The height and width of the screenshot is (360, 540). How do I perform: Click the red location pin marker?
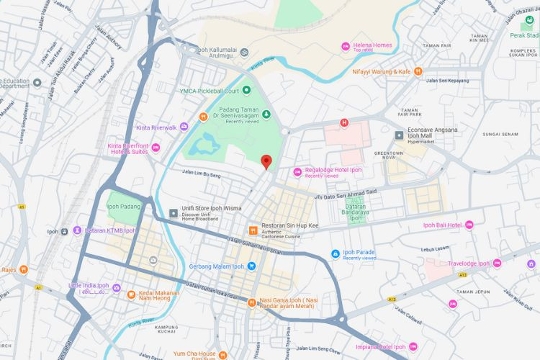266,162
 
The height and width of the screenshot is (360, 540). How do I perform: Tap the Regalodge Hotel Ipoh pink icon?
297,171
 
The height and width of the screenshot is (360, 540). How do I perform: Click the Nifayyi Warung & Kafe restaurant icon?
418,71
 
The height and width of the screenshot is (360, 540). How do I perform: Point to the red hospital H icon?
344,122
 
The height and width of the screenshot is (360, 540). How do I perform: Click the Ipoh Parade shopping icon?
335,253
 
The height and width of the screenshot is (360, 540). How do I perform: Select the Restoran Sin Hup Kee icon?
253,230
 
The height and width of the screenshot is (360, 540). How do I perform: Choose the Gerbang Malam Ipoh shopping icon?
251,266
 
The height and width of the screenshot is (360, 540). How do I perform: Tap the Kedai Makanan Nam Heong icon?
131,294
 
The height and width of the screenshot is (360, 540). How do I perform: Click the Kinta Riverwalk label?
156,127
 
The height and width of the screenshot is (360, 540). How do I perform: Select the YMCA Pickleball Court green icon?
246,90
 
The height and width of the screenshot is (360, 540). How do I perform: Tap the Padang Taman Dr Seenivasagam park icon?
266,113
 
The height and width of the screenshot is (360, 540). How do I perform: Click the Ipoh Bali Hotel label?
442,225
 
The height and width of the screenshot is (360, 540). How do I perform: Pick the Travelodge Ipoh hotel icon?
497,264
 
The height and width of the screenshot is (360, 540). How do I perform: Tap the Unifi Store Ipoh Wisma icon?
173,213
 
